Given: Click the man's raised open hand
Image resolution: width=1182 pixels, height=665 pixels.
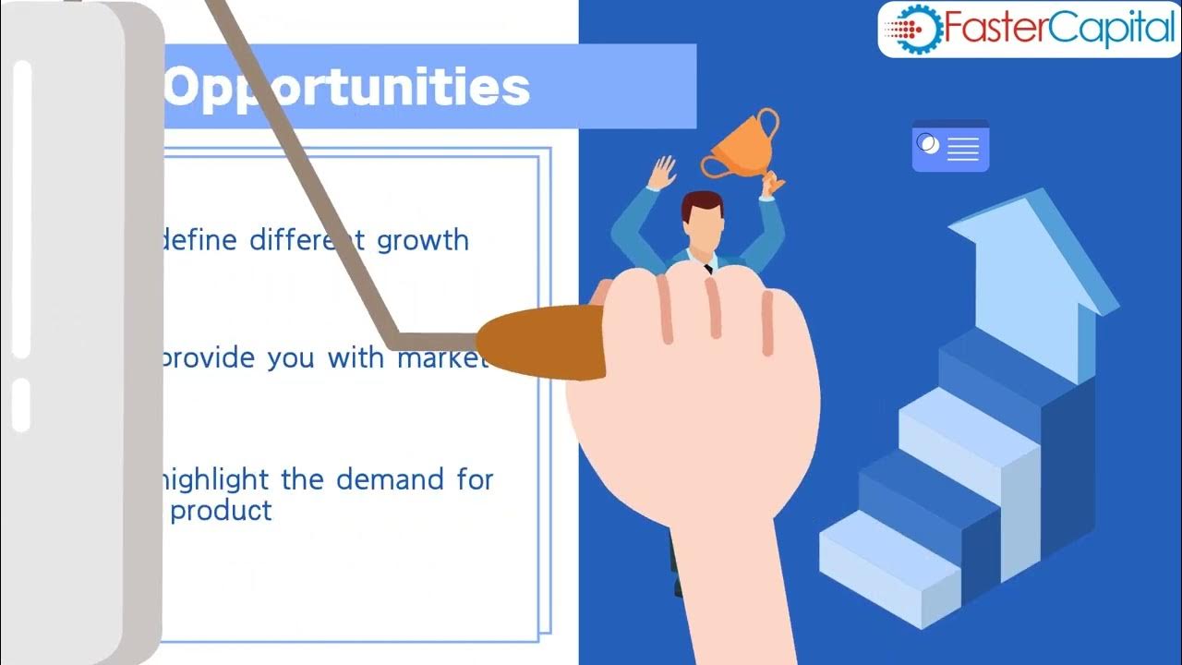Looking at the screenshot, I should [661, 173].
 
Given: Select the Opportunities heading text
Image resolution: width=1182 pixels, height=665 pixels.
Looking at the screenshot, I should [347, 88].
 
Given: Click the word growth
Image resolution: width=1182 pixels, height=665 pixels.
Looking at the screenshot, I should [423, 240].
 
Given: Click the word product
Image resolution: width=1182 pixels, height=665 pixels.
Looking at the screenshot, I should [222, 511].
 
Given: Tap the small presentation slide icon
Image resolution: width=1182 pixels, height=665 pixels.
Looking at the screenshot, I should [950, 146].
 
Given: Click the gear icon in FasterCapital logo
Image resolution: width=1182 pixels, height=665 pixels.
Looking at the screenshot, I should [913, 30].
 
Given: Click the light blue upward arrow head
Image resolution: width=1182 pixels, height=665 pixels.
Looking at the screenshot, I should [1025, 240].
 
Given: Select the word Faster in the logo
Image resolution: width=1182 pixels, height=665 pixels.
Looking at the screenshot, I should [989, 30].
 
